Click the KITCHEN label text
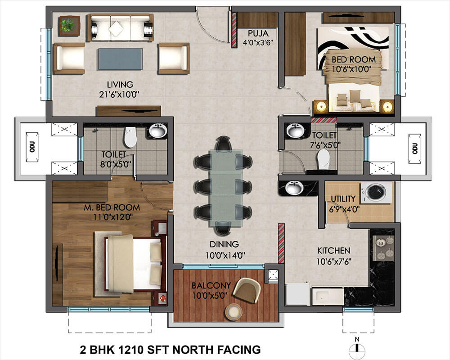tap(333, 251)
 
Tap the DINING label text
tap(224, 245)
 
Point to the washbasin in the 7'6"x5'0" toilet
tap(296, 131)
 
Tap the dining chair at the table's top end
tap(224, 144)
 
